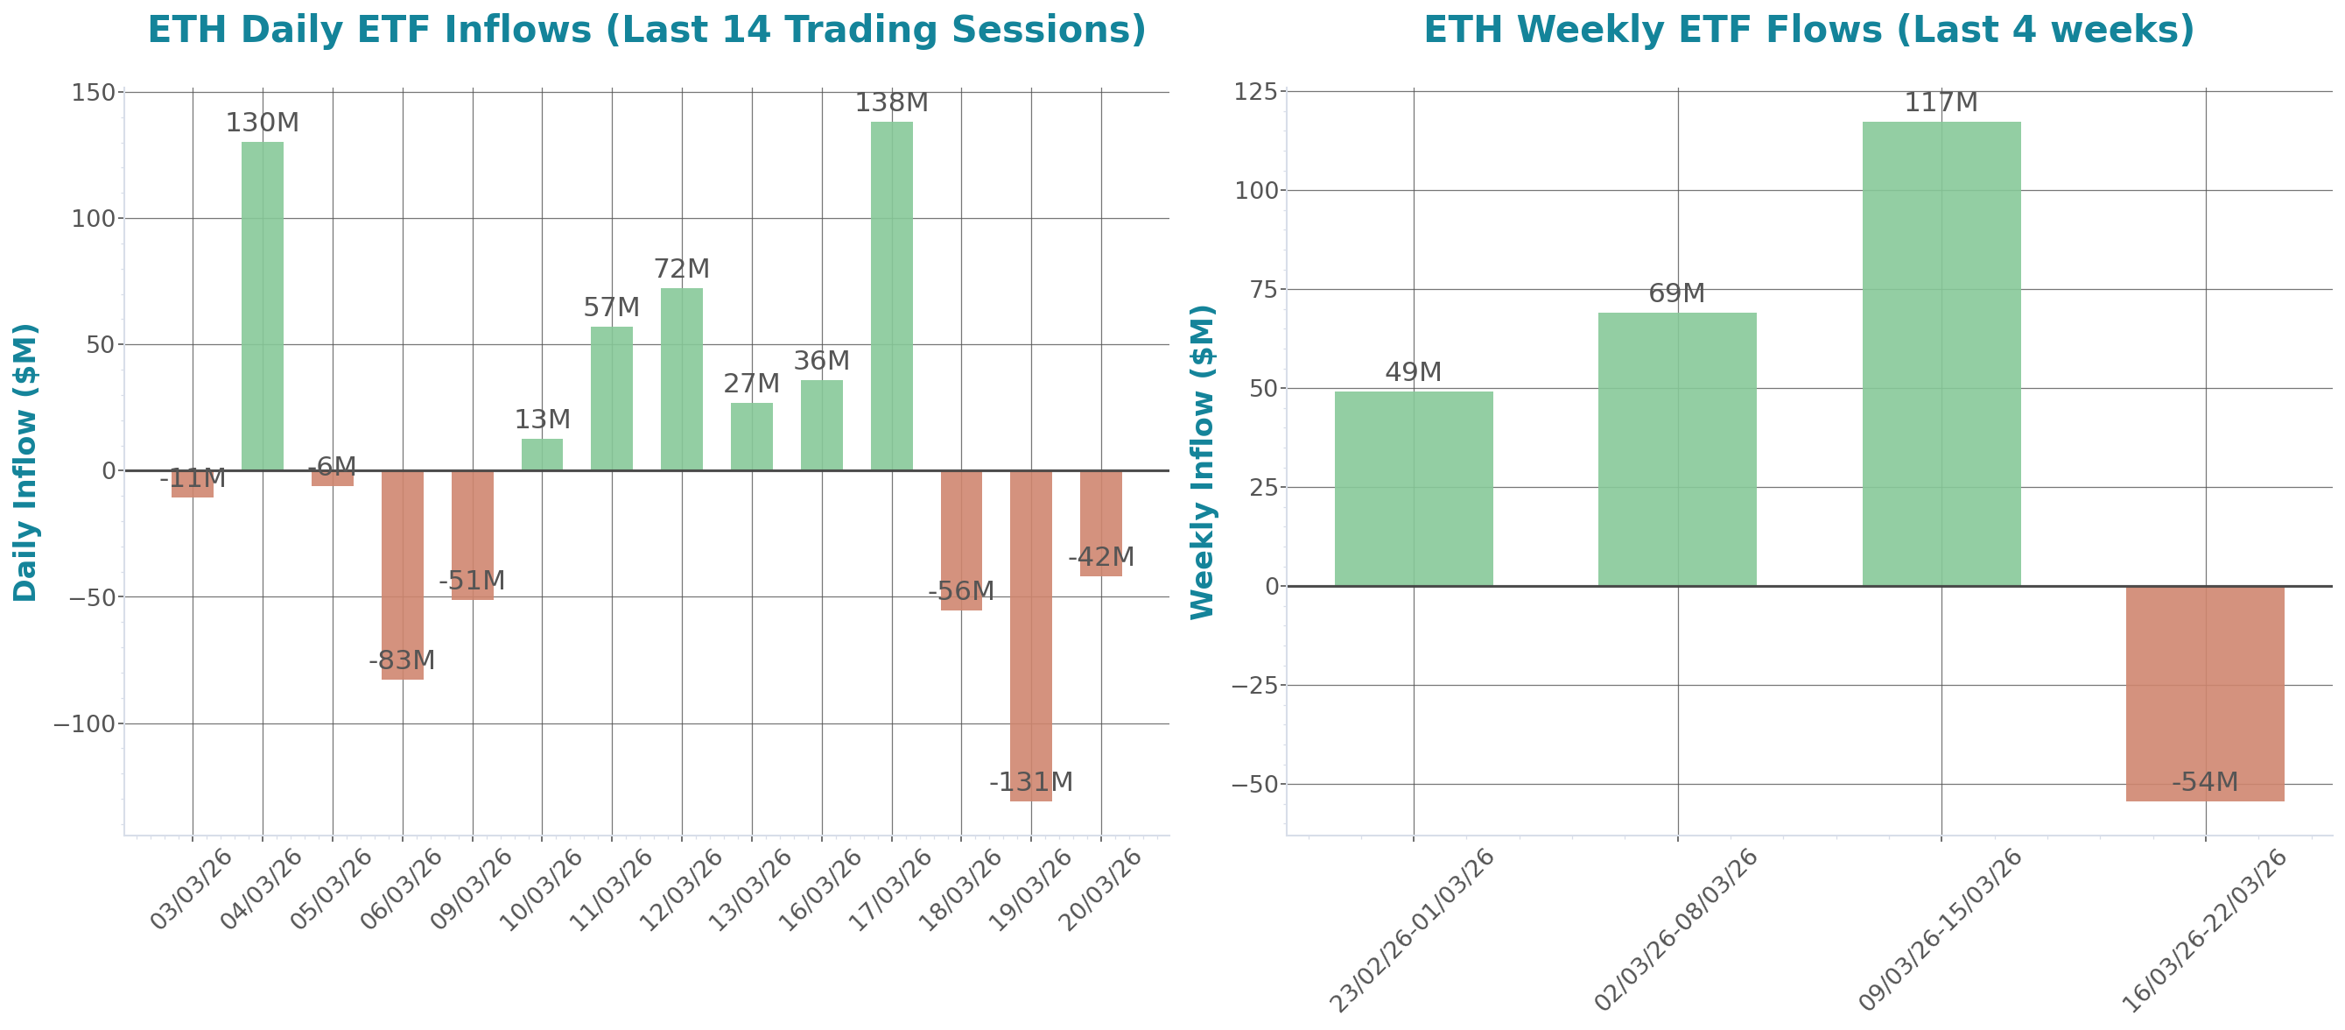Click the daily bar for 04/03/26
[x=263, y=305]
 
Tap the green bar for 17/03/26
[x=891, y=296]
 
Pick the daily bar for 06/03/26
[x=403, y=575]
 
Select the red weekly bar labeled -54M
[x=2205, y=693]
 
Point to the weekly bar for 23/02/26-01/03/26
[x=1413, y=488]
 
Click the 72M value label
[x=681, y=270]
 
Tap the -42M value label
[x=1100, y=556]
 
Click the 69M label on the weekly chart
[x=1676, y=293]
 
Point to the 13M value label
[x=542, y=420]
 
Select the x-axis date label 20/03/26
[x=1100, y=890]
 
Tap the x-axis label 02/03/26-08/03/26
[x=1676, y=929]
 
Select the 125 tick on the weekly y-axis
[x=1257, y=92]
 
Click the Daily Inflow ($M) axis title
[x=25, y=462]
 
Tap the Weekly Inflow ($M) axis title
[x=1203, y=462]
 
